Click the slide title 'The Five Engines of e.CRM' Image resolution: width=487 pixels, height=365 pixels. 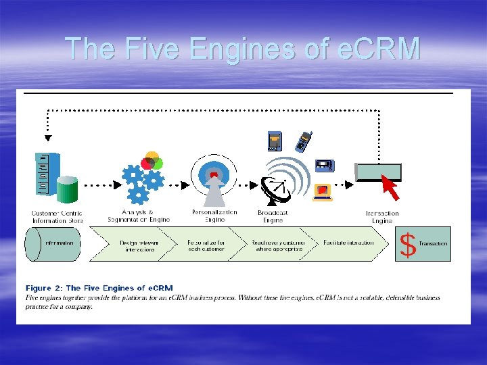point(243,48)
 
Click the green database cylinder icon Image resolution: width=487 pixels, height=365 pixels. point(67,190)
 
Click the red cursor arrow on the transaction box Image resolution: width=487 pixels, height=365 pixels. point(390,187)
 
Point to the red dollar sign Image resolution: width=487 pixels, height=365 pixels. point(407,245)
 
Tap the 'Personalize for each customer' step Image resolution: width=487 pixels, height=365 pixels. point(206,246)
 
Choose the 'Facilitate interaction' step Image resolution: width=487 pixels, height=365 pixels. point(348,243)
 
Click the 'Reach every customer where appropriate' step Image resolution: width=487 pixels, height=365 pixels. point(278,246)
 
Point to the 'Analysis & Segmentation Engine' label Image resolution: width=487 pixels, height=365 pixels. point(139,216)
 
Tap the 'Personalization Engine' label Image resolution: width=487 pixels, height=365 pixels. point(214,216)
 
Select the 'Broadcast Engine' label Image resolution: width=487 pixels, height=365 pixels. point(272,216)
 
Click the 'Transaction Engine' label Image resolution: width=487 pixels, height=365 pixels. point(382,217)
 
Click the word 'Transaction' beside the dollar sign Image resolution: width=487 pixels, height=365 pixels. point(433,243)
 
